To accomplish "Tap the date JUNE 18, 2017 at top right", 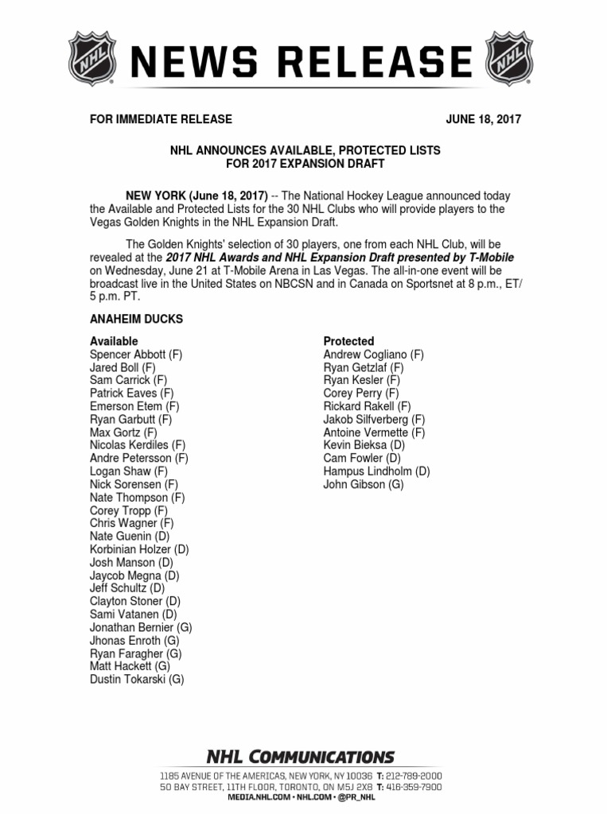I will [x=483, y=119].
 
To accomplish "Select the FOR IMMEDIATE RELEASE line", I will [x=161, y=119].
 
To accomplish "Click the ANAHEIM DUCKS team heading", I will [x=136, y=319].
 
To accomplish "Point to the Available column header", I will [x=114, y=341].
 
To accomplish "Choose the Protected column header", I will [x=348, y=341].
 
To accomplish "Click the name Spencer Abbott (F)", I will [x=136, y=355].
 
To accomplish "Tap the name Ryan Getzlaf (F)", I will [x=364, y=367].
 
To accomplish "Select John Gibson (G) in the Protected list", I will [x=364, y=484].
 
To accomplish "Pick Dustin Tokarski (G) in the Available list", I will [x=137, y=679].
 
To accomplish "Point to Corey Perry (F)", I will [x=361, y=393].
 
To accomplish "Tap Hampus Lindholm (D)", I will [x=376, y=471].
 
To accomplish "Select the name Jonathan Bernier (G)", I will [x=141, y=627].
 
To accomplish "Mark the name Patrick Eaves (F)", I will [x=131, y=393].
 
